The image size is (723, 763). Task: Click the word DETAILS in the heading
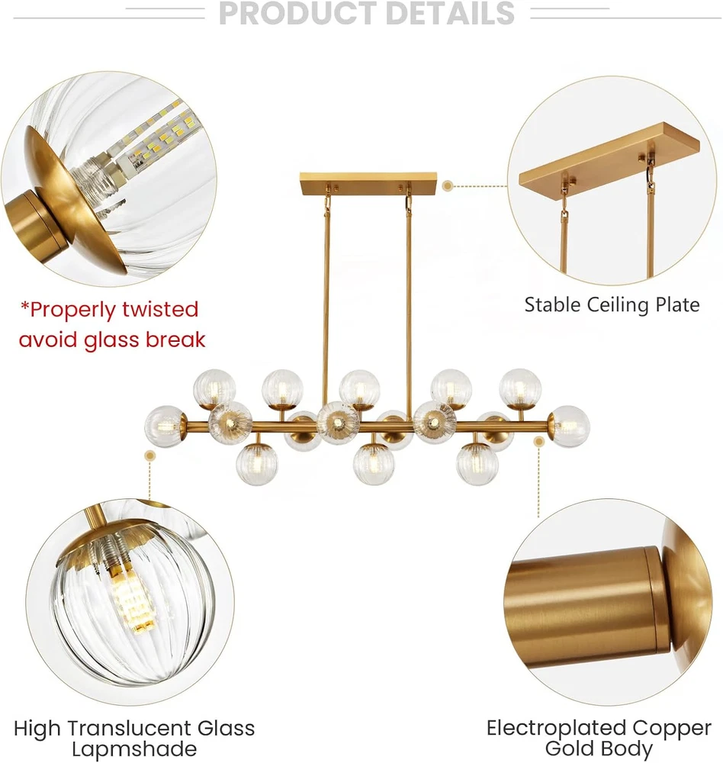click(451, 13)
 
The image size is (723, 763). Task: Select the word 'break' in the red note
click(175, 340)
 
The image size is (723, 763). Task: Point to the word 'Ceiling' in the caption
click(618, 306)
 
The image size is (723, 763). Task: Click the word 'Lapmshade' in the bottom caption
click(134, 749)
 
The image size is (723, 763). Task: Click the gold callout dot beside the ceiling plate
click(448, 185)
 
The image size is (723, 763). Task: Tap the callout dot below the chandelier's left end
click(150, 456)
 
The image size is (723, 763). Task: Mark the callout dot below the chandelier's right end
click(538, 442)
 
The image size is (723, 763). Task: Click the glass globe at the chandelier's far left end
click(165, 427)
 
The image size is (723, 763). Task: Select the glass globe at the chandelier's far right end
click(570, 427)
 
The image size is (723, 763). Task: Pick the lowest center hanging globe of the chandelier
click(373, 465)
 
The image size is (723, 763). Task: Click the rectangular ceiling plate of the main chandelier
click(369, 183)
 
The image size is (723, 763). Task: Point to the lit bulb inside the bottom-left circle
click(130, 601)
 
